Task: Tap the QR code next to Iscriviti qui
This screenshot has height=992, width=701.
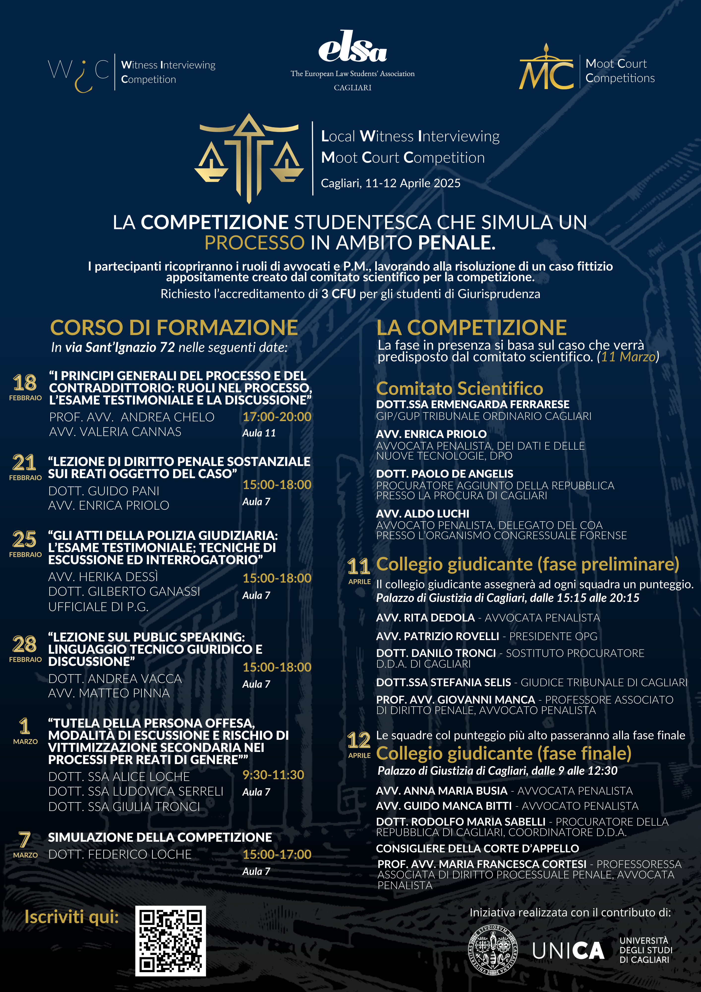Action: point(170,941)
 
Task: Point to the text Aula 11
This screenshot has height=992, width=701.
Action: point(259,433)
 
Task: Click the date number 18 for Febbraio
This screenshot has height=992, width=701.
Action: point(25,383)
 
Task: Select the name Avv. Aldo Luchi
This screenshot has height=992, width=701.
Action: point(422,514)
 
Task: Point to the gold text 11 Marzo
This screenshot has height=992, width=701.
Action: point(628,356)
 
